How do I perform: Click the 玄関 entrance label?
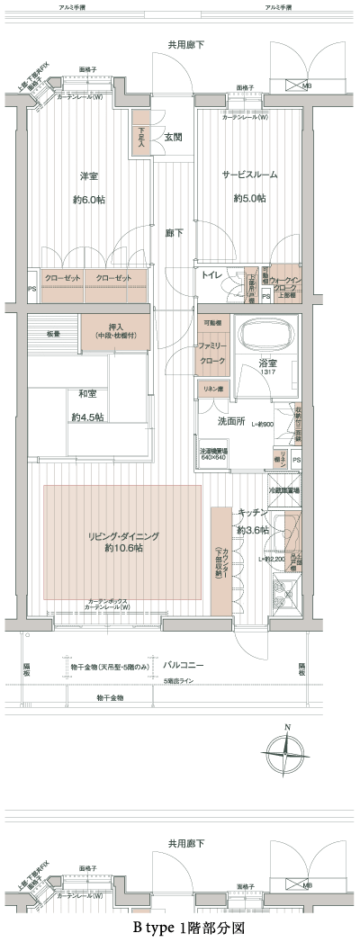click(174, 138)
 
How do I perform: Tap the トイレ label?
click(213, 274)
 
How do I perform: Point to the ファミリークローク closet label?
click(212, 351)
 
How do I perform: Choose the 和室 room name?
click(87, 393)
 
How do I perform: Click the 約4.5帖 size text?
click(87, 417)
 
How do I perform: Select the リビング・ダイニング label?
click(123, 535)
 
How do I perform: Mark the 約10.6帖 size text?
click(123, 548)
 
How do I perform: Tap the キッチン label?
click(250, 512)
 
